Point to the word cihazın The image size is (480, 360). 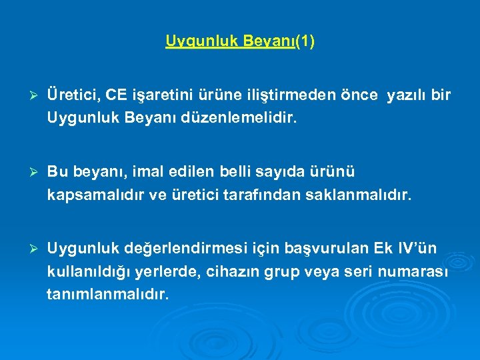point(245,272)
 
